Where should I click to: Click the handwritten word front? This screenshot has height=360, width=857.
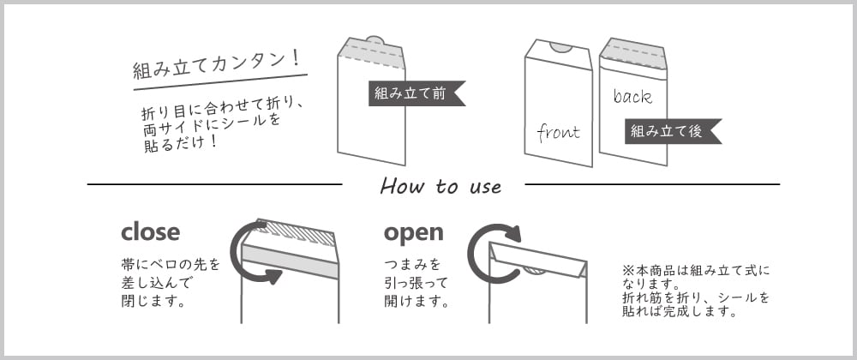558,132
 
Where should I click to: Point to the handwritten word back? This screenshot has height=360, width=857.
632,96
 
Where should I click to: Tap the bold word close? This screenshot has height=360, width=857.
150,232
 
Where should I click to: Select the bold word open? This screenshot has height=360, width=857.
413,232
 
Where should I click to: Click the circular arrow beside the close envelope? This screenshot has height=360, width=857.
250,253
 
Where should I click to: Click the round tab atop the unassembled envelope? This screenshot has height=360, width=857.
374,39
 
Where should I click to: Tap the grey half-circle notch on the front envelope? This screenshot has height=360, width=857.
560,46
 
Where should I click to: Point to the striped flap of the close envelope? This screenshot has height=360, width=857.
297,231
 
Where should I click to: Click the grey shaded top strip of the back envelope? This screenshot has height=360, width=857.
633,56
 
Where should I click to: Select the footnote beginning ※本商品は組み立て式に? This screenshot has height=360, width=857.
696,291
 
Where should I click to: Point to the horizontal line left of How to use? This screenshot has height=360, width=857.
214,184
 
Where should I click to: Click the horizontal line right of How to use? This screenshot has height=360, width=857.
651,184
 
